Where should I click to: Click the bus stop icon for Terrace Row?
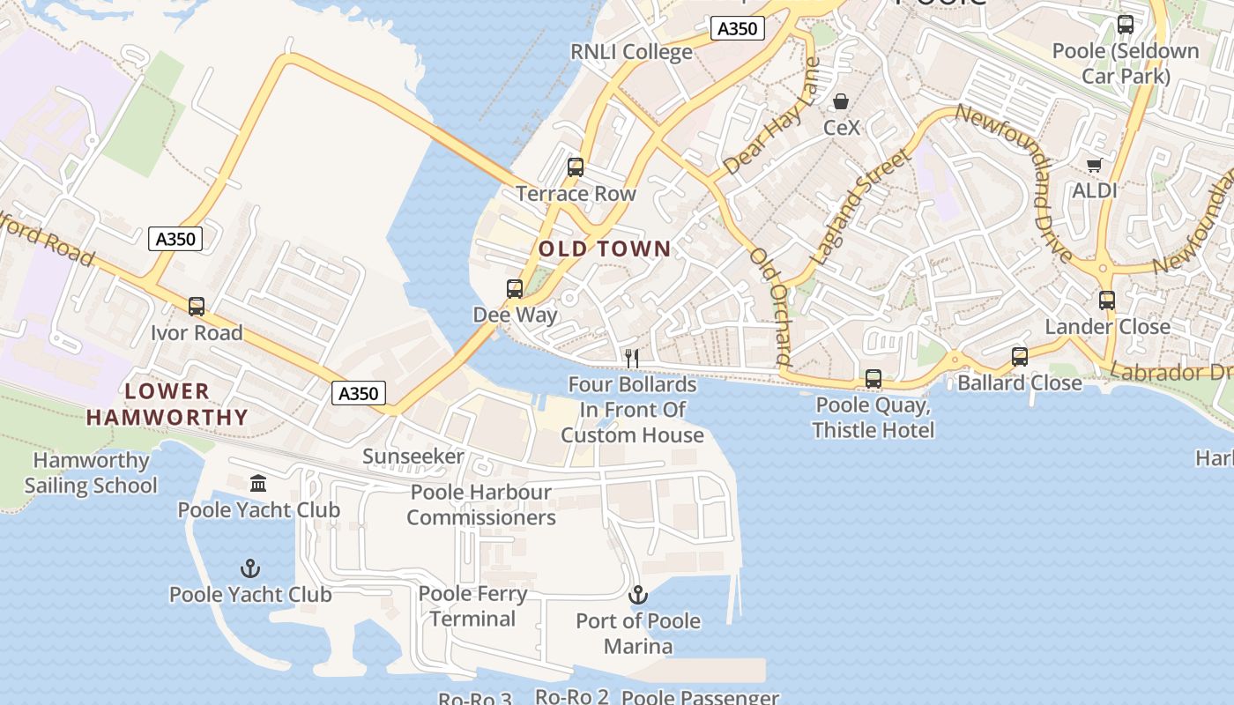(576, 167)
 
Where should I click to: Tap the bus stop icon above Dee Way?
(515, 288)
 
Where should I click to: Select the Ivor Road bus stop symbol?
(197, 307)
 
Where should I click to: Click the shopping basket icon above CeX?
(841, 100)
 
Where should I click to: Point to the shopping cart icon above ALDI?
(1095, 164)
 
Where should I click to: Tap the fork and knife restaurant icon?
(631, 358)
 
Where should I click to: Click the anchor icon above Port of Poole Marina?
(637, 595)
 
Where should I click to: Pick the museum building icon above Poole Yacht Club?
(258, 484)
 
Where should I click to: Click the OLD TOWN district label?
(605, 249)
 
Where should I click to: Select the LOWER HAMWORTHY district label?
(167, 404)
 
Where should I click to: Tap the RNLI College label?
(631, 52)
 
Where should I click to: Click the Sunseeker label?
(413, 456)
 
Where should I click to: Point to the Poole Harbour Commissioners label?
(481, 505)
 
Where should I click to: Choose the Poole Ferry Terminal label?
(473, 606)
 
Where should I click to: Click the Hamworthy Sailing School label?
(91, 473)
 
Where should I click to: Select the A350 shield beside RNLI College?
(737, 28)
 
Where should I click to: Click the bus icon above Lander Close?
(1107, 301)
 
